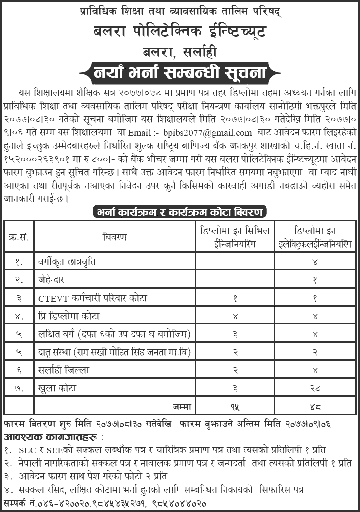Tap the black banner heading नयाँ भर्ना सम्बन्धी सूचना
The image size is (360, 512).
tap(180, 73)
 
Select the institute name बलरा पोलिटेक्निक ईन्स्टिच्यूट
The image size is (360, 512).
tap(180, 33)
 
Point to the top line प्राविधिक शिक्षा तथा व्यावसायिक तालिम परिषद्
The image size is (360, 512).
tap(180, 11)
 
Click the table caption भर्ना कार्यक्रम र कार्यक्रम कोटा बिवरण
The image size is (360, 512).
tap(180, 212)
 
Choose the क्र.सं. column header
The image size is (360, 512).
tap(19, 237)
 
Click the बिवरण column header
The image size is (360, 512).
tap(115, 237)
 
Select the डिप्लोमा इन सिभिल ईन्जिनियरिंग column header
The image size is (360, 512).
tap(234, 237)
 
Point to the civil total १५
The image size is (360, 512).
tap(234, 407)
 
